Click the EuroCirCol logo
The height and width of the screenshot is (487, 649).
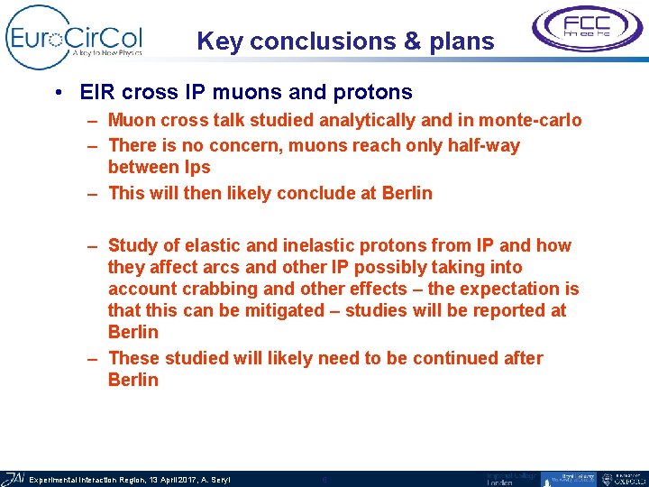pyautogui.click(x=74, y=37)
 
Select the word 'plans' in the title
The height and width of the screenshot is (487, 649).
pyautogui.click(x=463, y=41)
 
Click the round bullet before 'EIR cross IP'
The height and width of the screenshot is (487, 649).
pyautogui.click(x=58, y=93)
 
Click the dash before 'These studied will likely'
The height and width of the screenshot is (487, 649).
pyautogui.click(x=93, y=358)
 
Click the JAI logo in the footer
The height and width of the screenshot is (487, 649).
pyautogui.click(x=14, y=479)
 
